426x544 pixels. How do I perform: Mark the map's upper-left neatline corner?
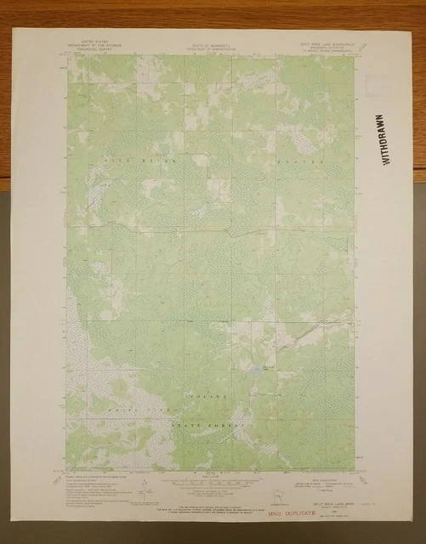pos(69,58)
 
